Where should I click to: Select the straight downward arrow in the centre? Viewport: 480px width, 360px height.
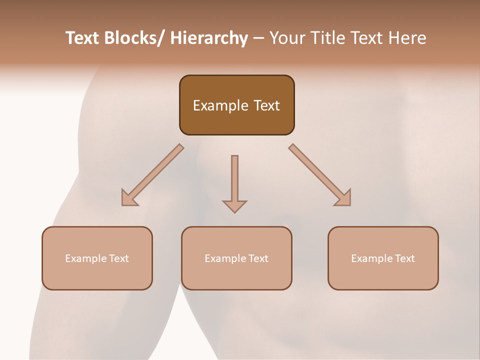[234, 182]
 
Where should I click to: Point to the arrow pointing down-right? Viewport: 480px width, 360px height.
[320, 175]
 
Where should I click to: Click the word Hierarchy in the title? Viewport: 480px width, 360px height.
[209, 38]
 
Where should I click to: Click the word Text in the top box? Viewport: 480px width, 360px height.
[265, 105]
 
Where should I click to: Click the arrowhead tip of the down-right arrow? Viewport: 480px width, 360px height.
[349, 204]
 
